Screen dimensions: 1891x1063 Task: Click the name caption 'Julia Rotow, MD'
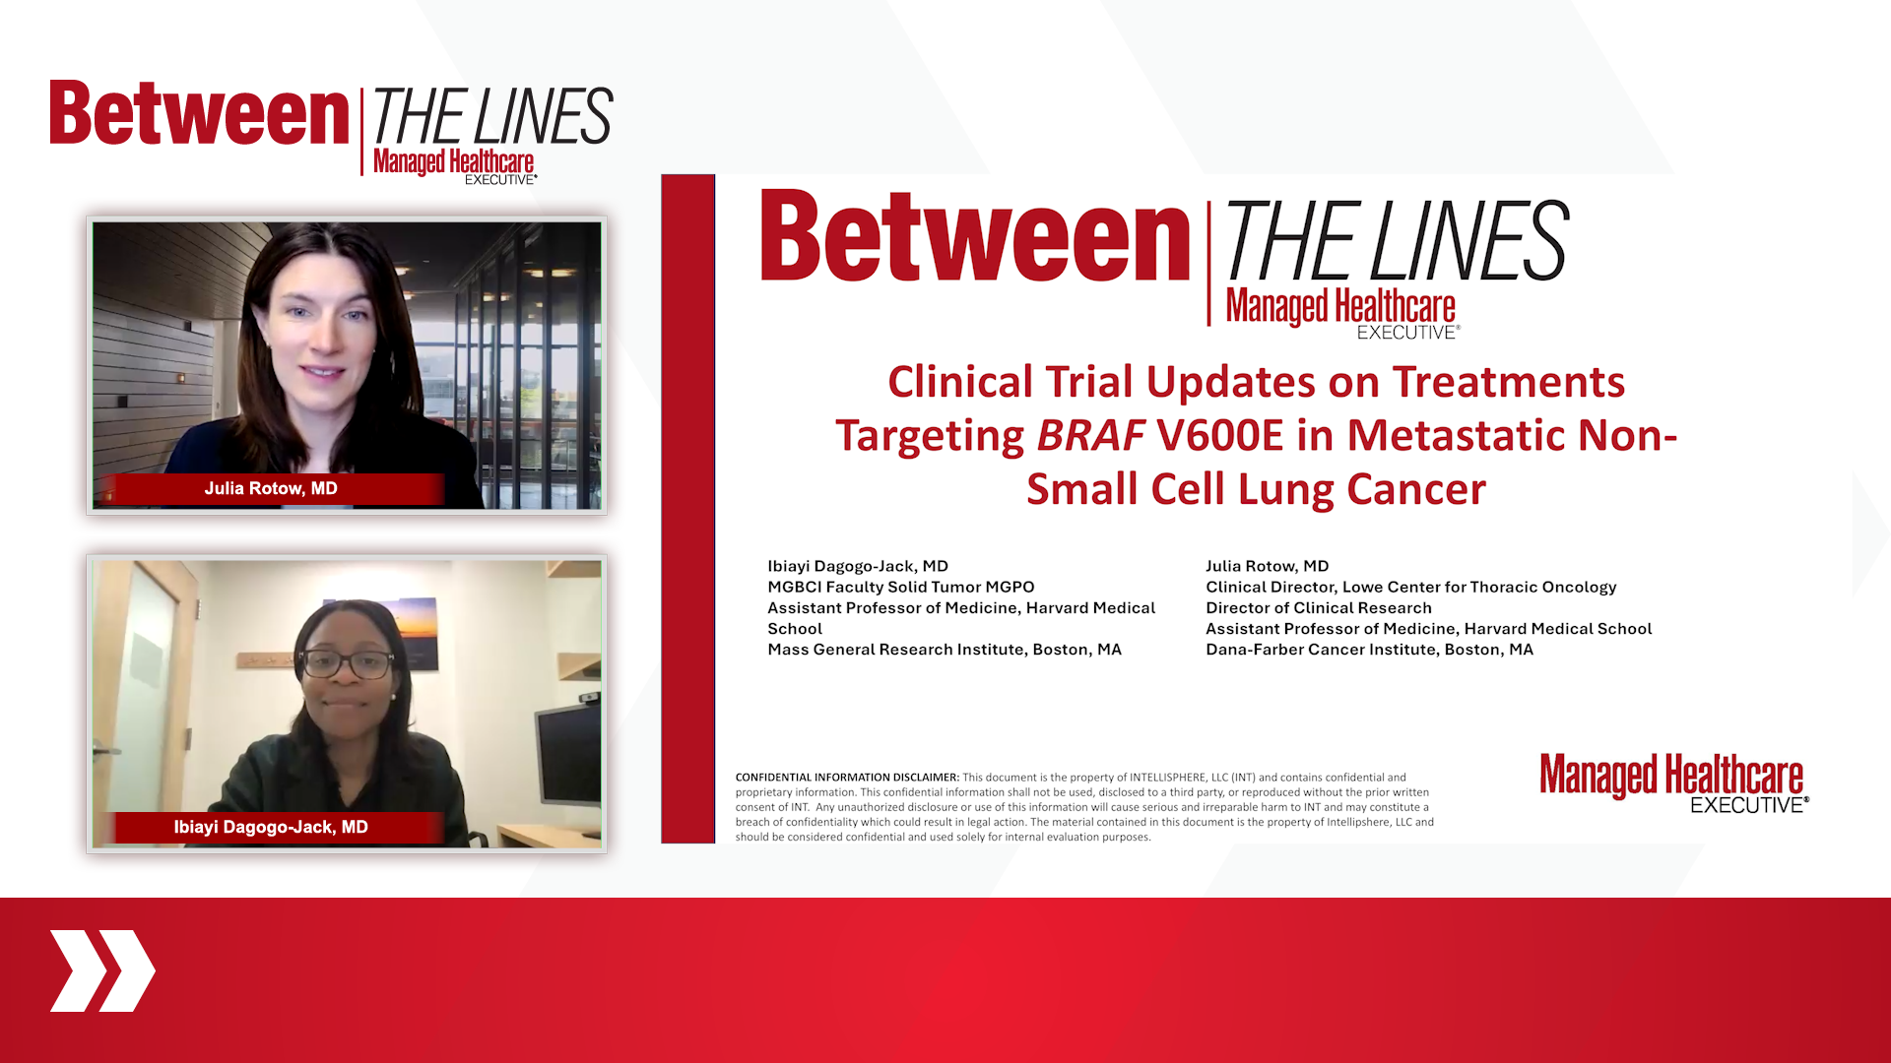pos(271,488)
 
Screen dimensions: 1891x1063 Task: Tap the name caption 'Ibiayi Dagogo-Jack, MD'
pos(271,827)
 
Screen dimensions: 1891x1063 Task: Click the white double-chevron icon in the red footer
pos(102,970)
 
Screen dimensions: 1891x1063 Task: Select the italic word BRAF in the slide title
pos(1090,435)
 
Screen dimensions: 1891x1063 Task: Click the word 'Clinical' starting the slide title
pos(960,382)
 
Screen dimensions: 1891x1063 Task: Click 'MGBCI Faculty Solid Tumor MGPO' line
pos(901,587)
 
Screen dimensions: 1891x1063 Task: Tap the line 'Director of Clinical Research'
pos(1319,608)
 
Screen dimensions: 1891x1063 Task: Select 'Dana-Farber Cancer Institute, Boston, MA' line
pos(1369,650)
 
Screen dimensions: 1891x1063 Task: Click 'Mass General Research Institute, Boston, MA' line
pos(945,650)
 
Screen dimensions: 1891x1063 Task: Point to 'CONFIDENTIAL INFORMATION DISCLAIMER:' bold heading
pos(847,778)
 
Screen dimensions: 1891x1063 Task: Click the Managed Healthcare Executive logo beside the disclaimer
pos(1674,783)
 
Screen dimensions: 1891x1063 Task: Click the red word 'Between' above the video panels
pos(200,113)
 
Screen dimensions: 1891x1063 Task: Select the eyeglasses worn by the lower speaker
pos(346,664)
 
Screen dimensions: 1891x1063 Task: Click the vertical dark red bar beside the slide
pos(687,509)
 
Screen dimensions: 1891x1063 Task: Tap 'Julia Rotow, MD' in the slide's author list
pos(1268,566)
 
